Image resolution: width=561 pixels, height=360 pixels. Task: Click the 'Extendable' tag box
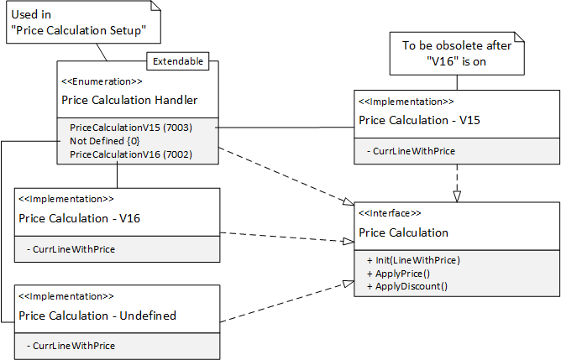[x=177, y=62]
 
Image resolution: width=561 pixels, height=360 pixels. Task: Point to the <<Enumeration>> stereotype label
[x=102, y=81]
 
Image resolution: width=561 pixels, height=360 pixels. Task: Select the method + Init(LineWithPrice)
[x=413, y=259]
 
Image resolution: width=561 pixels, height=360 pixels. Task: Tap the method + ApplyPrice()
[x=398, y=273]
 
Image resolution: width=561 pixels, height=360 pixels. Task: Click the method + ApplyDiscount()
[x=406, y=286]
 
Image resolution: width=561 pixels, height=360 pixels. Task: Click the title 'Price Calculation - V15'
[x=419, y=120]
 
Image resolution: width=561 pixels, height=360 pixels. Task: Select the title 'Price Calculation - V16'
[x=79, y=217]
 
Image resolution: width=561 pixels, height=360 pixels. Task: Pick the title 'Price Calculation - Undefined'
[x=97, y=316]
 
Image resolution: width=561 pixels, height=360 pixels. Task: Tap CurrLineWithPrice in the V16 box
[x=71, y=249]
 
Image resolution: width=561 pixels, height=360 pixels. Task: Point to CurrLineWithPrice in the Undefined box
[x=71, y=346]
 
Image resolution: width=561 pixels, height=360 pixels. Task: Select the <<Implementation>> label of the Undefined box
[x=66, y=296]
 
